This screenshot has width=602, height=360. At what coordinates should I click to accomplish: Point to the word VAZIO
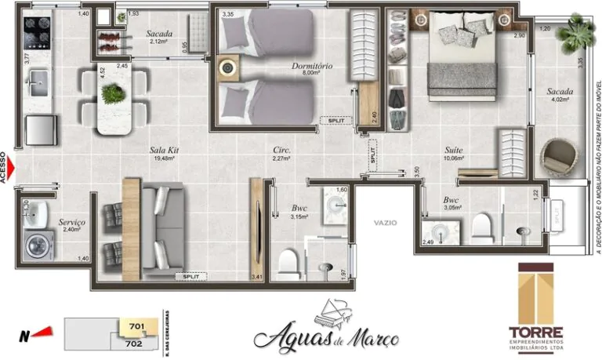[385, 223]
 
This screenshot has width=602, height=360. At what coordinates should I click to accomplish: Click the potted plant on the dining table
[114, 93]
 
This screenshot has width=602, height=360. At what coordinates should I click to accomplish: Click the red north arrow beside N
[44, 333]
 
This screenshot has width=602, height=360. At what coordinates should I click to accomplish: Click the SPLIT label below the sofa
[190, 276]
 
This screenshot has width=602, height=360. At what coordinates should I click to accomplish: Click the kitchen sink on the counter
[36, 81]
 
